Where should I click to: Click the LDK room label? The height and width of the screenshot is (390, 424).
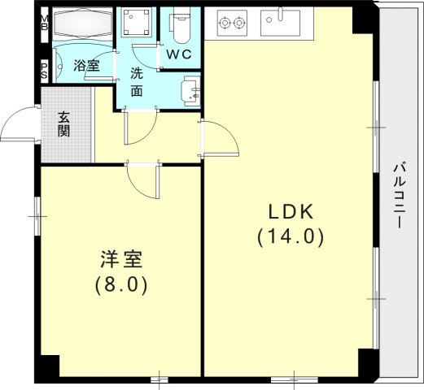click(291, 212)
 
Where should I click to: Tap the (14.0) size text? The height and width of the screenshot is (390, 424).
click(291, 237)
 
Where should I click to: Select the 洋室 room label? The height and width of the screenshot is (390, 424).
click(122, 260)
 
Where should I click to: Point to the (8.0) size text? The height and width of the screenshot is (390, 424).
click(122, 285)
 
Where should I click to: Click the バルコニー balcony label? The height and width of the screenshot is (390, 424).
click(400, 195)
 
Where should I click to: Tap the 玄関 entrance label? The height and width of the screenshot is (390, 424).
click(63, 123)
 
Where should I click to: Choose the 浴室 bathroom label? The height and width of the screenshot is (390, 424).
click(86, 66)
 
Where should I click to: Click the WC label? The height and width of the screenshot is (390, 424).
click(180, 54)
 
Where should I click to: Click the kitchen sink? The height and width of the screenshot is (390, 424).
click(281, 22)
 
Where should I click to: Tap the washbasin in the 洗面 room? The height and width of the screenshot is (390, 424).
click(190, 89)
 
